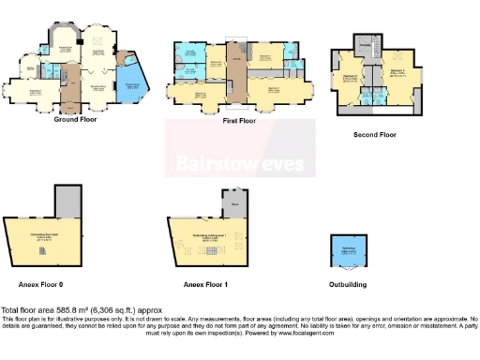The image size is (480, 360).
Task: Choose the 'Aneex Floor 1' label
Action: click(x=207, y=282)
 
